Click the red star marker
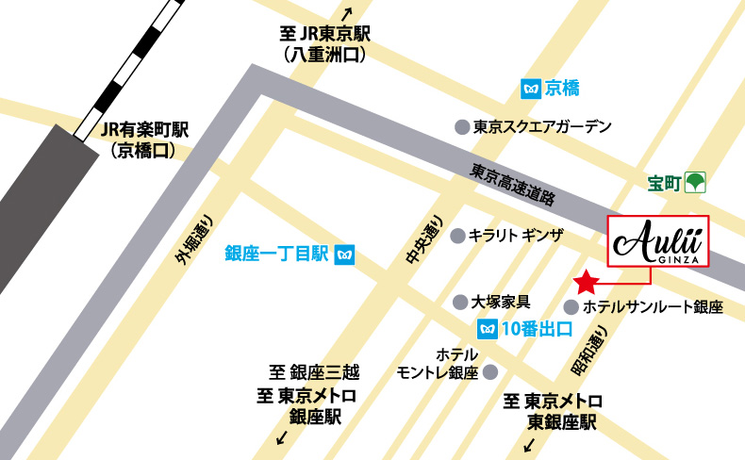586,281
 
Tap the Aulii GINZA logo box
657,243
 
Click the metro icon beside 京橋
530,89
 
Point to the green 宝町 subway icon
696,180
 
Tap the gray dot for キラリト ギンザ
458,236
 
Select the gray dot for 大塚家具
460,303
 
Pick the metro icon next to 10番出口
487,329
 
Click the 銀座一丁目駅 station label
275,254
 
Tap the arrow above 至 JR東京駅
347,13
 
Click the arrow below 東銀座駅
528,444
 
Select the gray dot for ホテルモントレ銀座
489,371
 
